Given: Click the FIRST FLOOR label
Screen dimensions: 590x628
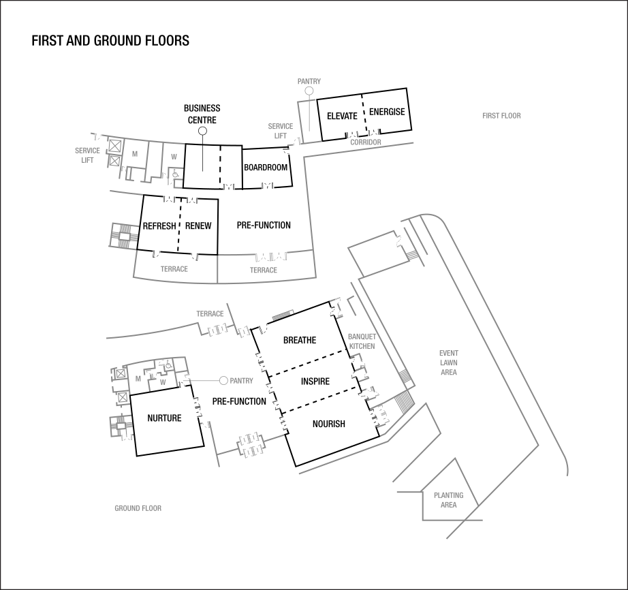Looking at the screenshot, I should pos(501,116).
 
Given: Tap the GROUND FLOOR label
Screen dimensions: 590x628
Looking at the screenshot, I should pos(138,508).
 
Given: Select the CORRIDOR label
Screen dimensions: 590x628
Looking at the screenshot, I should pos(366,142).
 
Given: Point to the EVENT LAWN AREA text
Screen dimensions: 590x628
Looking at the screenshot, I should pos(448,363).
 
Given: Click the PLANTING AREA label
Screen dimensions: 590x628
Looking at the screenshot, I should pos(448,500).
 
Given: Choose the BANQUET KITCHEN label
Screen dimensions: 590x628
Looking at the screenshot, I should pos(362,341).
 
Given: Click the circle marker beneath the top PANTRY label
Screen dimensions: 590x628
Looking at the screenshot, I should pos(309,91).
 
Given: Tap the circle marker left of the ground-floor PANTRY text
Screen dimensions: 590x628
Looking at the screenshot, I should pos(223,381).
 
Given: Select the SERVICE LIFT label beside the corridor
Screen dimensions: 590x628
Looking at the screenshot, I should pos(280,131).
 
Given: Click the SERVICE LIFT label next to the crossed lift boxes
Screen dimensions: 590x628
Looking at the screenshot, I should pos(87,155).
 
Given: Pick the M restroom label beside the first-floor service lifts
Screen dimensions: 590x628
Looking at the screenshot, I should pos(135,154).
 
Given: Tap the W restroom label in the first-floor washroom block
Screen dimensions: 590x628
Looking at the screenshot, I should pos(174,157).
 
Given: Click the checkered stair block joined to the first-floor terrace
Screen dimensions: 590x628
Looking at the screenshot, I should pos(123,236).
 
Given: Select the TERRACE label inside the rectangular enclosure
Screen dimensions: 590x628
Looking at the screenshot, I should pos(264,270).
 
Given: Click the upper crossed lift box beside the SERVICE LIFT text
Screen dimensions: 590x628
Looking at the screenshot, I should pos(114,146).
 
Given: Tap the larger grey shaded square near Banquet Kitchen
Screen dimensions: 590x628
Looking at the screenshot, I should pos(405,402).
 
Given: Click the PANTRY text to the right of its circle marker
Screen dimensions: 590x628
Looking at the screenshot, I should pos(242,381).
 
